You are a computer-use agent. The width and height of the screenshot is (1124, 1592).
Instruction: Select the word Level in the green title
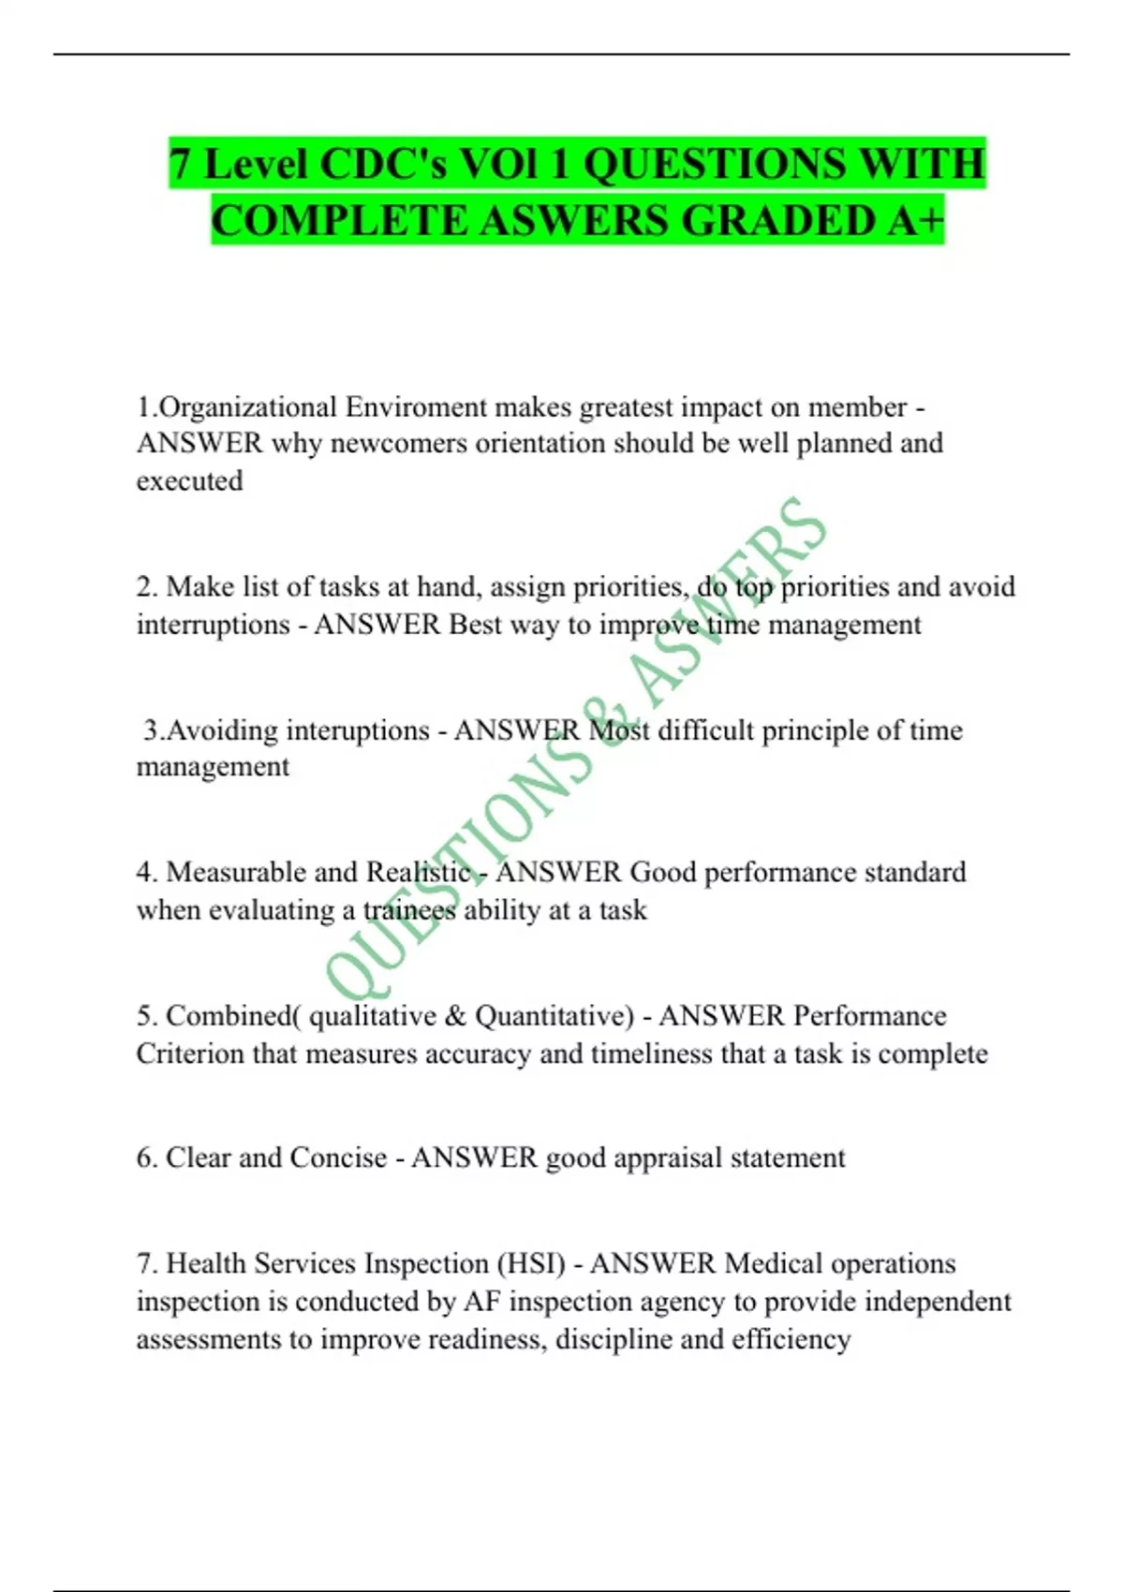click(x=255, y=164)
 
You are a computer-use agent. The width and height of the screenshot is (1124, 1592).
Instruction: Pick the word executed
click(x=189, y=480)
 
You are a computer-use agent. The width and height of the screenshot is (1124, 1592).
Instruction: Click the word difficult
click(x=705, y=730)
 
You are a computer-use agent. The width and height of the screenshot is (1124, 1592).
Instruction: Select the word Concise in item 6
click(x=338, y=1157)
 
